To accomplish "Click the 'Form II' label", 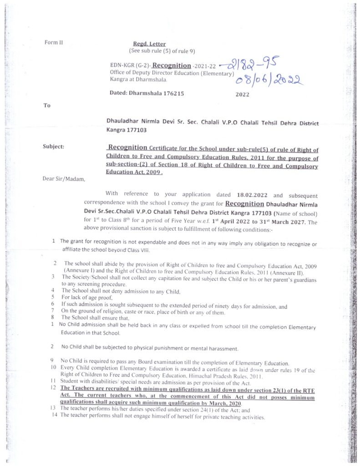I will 53,42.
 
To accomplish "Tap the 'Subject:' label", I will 53,147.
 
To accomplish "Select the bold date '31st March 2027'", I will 283,222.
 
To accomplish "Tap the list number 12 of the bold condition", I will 53,386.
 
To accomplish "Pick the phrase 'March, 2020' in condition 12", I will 223,404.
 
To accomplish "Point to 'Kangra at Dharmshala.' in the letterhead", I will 138,79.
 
